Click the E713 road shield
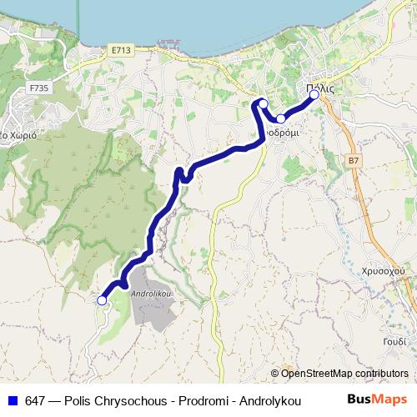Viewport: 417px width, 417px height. point(121,51)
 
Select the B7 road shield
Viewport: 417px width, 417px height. point(354,160)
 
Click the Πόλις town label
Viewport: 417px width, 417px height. point(320,88)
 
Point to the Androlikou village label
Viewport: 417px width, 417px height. point(151,294)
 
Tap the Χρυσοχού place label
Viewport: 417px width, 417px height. point(384,271)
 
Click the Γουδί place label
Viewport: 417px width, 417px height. point(396,342)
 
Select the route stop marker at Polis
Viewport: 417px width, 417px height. point(314,94)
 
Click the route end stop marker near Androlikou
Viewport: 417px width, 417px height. point(103,300)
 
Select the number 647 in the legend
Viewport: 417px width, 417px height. point(34,400)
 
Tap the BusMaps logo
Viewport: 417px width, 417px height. point(377,399)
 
